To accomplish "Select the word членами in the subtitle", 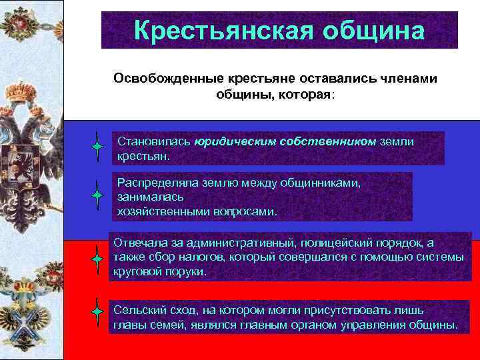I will tap(405, 79).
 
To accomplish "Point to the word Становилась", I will tap(154, 141).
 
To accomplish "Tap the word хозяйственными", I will tap(158, 211).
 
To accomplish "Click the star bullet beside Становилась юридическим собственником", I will tap(97, 145).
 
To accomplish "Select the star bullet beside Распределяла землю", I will tap(97, 195).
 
